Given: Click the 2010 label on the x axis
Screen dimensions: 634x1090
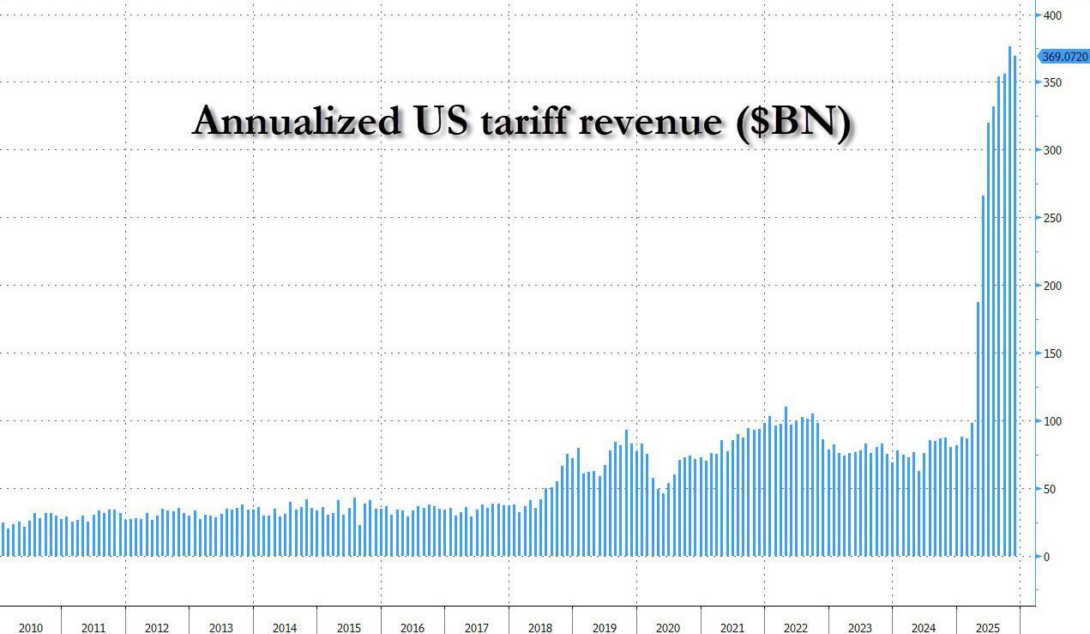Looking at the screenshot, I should [x=30, y=628].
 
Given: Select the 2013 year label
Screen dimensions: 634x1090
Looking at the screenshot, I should [x=220, y=628].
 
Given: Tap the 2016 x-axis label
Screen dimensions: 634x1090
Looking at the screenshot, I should [x=413, y=628].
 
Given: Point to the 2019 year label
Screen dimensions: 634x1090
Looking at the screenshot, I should [x=604, y=628].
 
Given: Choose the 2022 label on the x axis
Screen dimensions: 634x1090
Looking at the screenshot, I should [x=796, y=628].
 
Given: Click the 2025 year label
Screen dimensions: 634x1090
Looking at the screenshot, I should [x=987, y=628].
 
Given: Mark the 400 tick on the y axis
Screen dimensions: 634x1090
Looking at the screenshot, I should [x=1052, y=15].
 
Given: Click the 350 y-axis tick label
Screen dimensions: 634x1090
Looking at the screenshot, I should [x=1052, y=83].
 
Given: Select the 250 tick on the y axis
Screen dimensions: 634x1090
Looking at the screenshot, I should [x=1052, y=218].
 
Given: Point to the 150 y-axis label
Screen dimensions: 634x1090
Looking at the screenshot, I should [x=1052, y=353].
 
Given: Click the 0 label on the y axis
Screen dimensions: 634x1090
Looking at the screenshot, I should [x=1046, y=557].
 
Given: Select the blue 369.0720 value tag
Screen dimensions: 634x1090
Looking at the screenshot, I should [x=1064, y=57].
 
